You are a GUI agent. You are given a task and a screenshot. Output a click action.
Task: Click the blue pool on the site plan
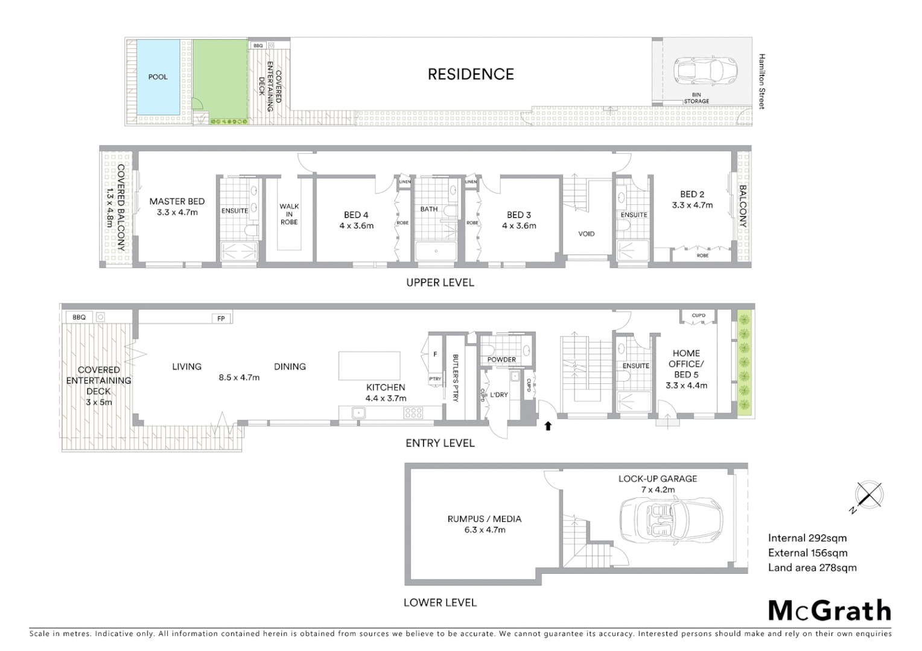click(157, 77)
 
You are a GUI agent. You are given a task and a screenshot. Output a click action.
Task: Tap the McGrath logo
click(829, 611)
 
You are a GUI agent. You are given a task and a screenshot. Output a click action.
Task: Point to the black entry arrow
click(548, 426)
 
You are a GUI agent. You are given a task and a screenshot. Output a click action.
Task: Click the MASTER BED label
click(177, 201)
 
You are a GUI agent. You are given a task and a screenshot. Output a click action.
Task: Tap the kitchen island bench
click(369, 366)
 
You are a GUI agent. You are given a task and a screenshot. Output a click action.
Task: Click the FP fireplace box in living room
click(221, 318)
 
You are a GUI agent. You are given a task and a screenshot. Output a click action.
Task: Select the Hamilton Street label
click(761, 81)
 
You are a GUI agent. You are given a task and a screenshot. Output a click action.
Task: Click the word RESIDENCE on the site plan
click(471, 74)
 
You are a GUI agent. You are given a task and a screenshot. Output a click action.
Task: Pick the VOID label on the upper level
click(586, 234)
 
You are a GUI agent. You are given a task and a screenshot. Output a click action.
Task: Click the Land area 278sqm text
click(812, 567)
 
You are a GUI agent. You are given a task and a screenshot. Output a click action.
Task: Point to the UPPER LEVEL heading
click(440, 283)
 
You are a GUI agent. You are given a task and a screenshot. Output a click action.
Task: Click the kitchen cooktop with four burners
click(413, 413)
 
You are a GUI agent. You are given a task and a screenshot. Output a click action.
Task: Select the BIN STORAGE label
click(696, 98)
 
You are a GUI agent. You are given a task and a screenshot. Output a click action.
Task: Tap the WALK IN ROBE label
click(289, 214)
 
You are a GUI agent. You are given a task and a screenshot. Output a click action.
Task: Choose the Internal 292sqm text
click(807, 538)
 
